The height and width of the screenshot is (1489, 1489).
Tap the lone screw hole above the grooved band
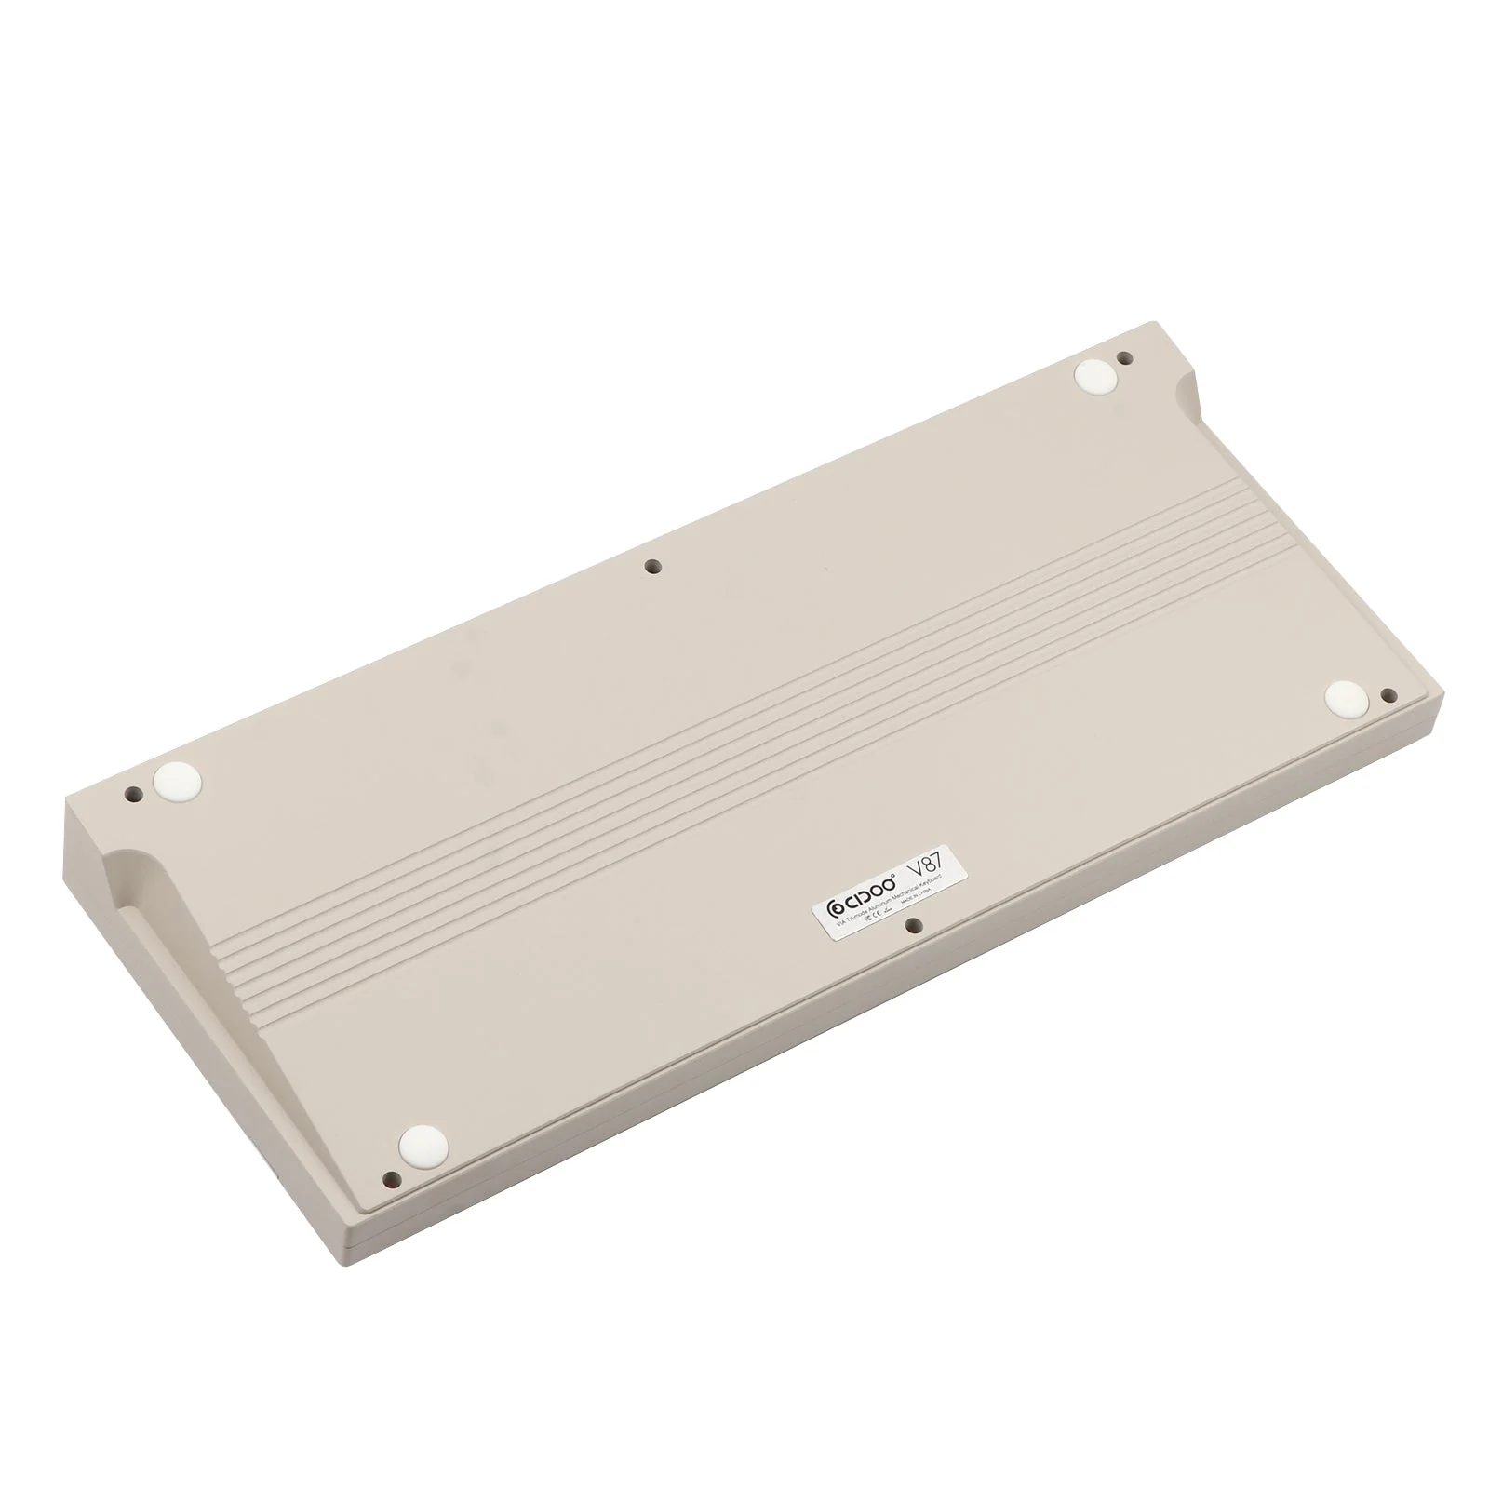[652, 565]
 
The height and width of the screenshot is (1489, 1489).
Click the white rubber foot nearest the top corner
[1094, 376]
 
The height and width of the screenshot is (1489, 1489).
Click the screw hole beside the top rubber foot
[1124, 357]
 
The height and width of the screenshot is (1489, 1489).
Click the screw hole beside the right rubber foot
[1388, 694]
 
